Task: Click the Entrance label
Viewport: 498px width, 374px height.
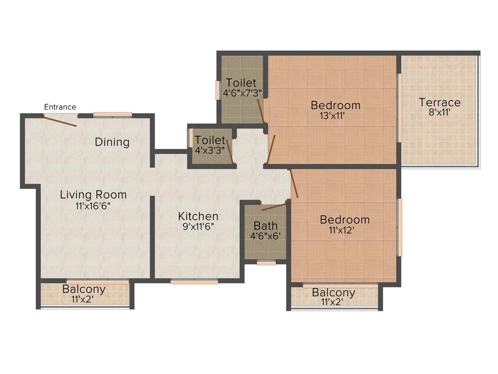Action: point(60,107)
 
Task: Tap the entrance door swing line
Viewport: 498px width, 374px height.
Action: point(60,120)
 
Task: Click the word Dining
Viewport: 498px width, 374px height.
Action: point(112,142)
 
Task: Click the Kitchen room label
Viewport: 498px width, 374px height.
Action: point(198,216)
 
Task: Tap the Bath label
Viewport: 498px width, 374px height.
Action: point(266,226)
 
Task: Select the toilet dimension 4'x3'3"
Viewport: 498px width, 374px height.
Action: point(210,150)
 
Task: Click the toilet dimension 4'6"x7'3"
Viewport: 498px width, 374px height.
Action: point(242,93)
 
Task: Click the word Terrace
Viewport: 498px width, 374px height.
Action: point(440,103)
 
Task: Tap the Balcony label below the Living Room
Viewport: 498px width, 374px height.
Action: point(84,289)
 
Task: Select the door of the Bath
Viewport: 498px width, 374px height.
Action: point(273,207)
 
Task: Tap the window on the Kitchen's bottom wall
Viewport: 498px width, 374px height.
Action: point(194,281)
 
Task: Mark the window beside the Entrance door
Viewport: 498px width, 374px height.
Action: point(112,115)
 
